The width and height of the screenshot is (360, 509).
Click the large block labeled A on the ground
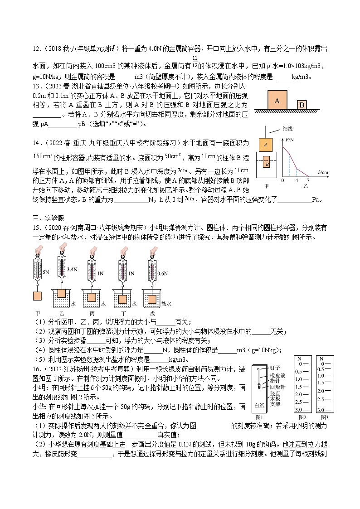point(277,100)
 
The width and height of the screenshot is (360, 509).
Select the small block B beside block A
point(302,105)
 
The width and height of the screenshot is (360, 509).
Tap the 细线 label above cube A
point(287,129)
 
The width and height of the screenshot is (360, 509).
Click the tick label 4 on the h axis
point(297,180)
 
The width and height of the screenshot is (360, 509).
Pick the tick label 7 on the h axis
point(309,180)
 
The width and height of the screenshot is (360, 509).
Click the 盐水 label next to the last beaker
point(166,304)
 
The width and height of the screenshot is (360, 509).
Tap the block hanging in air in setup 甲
point(38,296)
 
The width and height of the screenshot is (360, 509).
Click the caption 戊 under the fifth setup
point(152,313)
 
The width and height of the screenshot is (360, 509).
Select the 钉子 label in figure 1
point(275,368)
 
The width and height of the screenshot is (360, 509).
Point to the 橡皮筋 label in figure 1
point(277,375)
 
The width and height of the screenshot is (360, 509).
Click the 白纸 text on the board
point(259,405)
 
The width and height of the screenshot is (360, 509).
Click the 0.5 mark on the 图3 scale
point(320,368)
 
